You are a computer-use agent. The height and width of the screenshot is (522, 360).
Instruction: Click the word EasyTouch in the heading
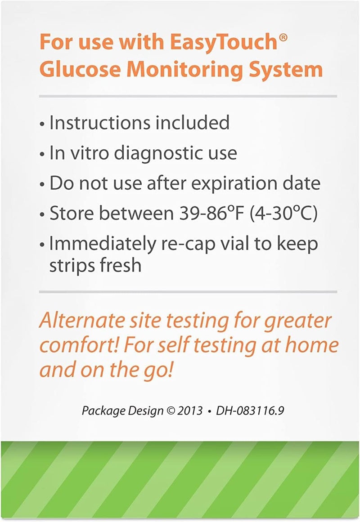pyautogui.click(x=223, y=43)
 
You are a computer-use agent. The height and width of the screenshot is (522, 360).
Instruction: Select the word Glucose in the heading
pyautogui.click(x=80, y=69)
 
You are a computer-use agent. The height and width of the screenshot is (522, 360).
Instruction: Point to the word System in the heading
pyautogui.click(x=286, y=70)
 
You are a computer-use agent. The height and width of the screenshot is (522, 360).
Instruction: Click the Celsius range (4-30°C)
pyautogui.click(x=283, y=214)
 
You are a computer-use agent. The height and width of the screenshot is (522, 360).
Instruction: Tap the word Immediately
pyautogui.click(x=102, y=244)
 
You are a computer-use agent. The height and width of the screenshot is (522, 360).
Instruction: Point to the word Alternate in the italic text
pyautogui.click(x=82, y=320)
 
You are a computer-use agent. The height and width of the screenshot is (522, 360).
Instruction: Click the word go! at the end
pyautogui.click(x=159, y=370)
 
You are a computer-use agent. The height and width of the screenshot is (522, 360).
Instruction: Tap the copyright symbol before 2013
pyautogui.click(x=171, y=411)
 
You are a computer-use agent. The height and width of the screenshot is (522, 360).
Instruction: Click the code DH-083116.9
pyautogui.click(x=250, y=410)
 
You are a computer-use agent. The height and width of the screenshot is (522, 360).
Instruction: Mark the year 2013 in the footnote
pyautogui.click(x=189, y=410)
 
